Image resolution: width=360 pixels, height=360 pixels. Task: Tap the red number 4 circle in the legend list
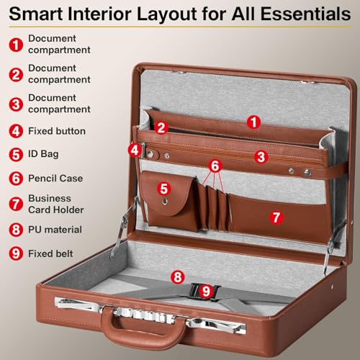tap(15, 131)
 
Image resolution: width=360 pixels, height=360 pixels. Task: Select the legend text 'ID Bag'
tap(44, 154)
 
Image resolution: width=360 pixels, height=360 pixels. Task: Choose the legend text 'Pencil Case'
tap(55, 178)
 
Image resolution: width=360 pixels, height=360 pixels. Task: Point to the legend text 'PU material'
tap(55, 230)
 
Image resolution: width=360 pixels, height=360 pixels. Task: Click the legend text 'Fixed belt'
tap(53, 253)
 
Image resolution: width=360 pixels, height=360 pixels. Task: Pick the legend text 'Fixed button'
tap(57, 131)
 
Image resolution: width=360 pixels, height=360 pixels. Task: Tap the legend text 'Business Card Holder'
tap(55, 204)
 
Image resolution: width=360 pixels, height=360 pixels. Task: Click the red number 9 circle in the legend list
tap(15, 253)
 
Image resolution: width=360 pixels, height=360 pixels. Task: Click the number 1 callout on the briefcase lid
tap(253, 122)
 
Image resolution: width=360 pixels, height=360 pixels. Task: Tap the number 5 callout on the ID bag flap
tap(164, 189)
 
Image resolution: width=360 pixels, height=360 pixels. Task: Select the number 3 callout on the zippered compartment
tap(261, 156)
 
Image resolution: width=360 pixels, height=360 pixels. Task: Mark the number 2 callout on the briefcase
tap(162, 128)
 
